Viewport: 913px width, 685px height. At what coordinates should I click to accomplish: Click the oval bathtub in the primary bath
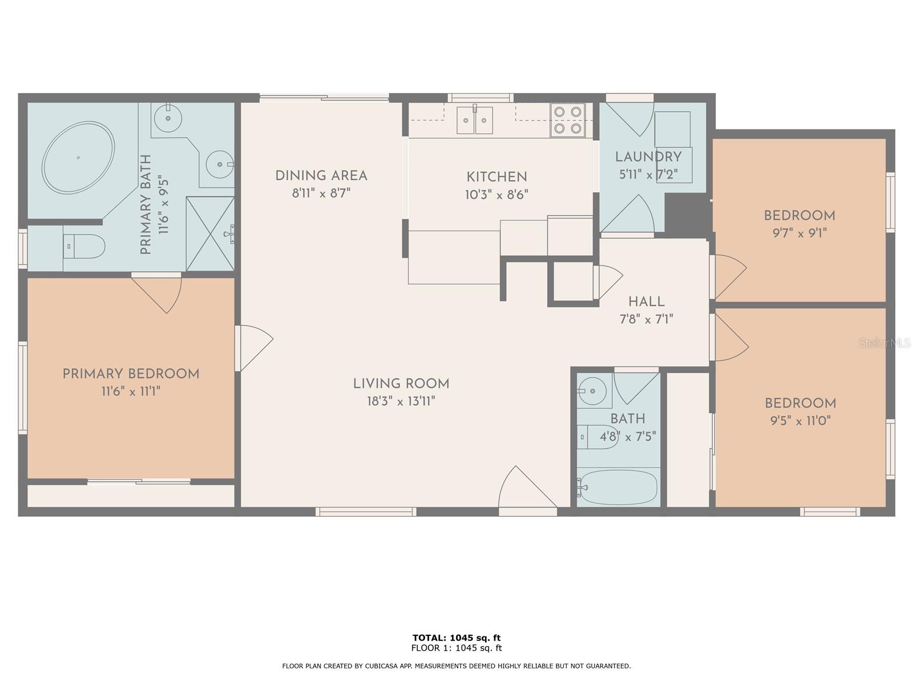click(78, 157)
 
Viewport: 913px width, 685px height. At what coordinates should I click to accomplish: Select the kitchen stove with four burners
click(568, 120)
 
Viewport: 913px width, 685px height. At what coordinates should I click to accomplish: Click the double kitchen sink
click(474, 120)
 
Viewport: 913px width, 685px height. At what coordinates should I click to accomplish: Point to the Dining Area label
click(321, 176)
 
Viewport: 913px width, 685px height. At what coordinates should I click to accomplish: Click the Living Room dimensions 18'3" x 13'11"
click(401, 401)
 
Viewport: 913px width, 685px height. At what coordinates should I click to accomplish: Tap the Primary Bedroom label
click(131, 374)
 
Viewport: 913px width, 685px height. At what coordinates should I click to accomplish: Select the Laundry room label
click(648, 157)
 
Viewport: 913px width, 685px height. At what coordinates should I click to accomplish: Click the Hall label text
click(647, 301)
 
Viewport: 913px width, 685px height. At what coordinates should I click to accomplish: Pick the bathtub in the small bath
click(617, 487)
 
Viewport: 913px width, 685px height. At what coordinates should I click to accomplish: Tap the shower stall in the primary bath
click(210, 233)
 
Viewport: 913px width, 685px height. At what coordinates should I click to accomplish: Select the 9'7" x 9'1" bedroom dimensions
click(799, 233)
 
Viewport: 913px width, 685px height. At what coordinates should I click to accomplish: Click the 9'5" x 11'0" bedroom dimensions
click(801, 421)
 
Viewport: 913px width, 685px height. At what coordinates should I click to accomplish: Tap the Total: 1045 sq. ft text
click(457, 638)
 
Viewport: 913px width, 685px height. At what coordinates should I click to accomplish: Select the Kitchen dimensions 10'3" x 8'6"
click(496, 195)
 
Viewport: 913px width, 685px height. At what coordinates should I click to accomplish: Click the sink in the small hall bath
click(593, 391)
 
